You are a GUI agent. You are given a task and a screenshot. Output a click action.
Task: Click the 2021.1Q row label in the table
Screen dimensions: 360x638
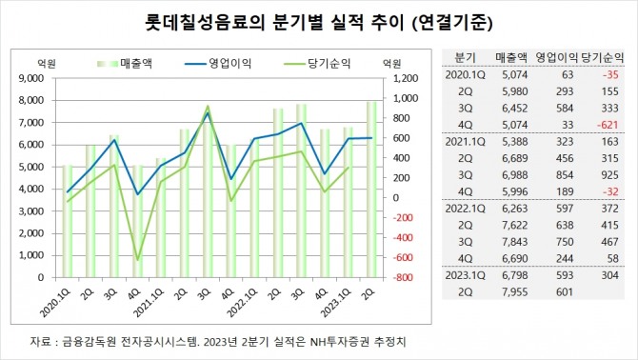465,140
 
